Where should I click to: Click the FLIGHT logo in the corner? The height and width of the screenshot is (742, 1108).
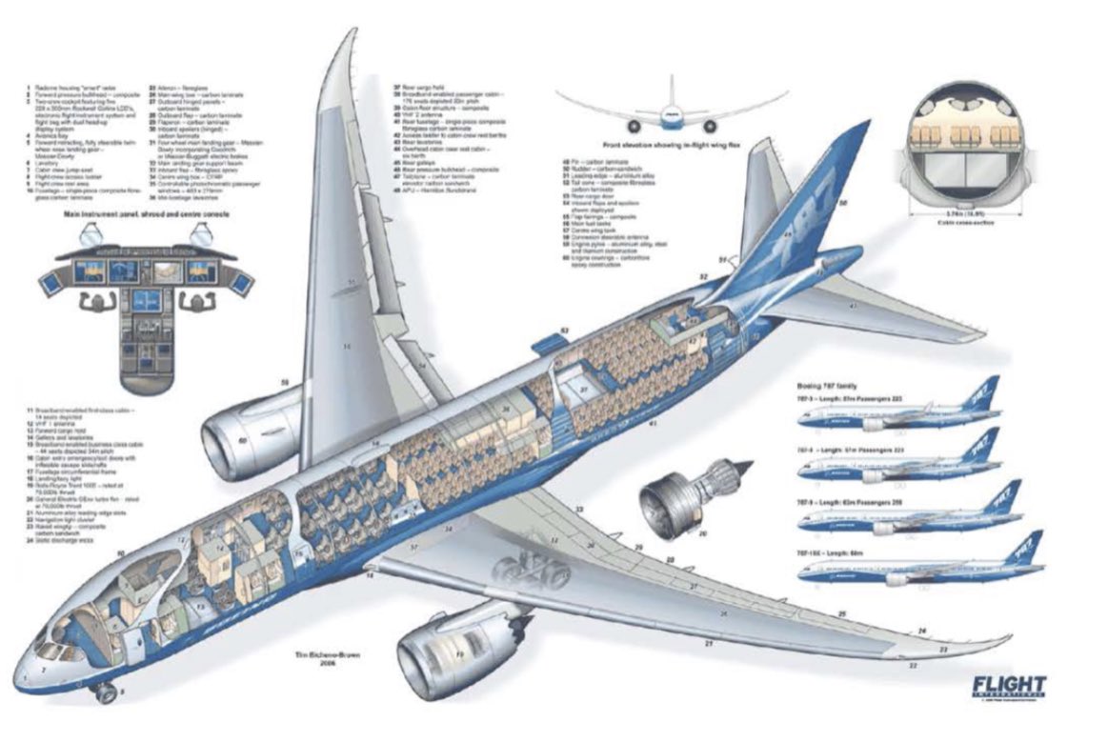click(1009, 687)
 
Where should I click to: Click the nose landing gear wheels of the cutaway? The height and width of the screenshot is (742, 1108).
click(105, 692)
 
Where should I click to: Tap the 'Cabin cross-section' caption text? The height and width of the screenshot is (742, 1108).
click(958, 223)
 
